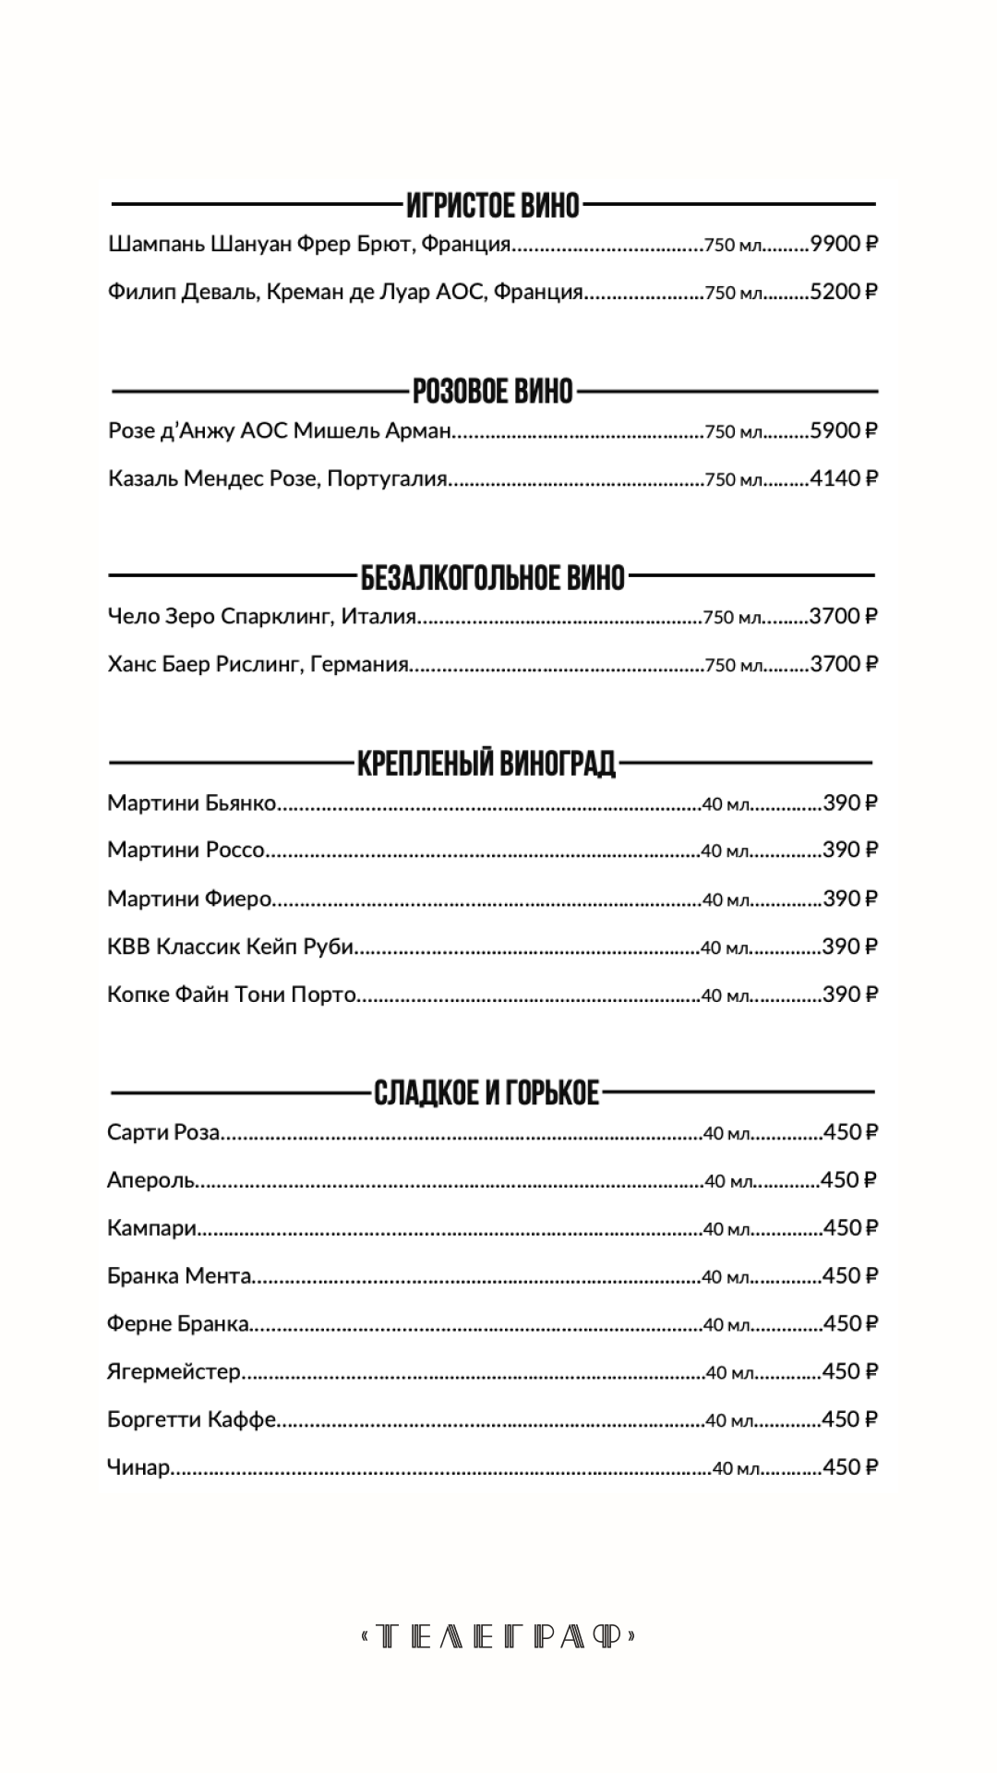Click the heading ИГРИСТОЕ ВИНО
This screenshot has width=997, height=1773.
(x=493, y=204)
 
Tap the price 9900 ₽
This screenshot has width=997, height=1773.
(x=843, y=244)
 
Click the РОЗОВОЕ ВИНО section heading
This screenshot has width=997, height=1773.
(x=493, y=392)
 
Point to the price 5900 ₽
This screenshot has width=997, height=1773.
(x=843, y=430)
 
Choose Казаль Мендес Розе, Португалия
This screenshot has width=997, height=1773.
(x=277, y=478)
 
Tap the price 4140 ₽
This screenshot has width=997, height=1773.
(x=843, y=478)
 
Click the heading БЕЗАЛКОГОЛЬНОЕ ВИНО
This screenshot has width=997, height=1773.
(x=493, y=578)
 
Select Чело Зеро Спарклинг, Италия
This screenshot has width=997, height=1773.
(x=262, y=616)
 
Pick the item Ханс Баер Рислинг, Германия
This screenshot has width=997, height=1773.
(x=258, y=664)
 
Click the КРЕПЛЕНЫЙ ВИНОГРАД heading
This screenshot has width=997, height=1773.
(x=486, y=764)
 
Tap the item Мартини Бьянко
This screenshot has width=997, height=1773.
(x=192, y=802)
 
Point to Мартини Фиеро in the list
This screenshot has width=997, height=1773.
(x=189, y=899)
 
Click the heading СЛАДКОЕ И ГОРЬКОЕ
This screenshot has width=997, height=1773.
(x=486, y=1093)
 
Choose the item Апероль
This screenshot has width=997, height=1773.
(x=150, y=1180)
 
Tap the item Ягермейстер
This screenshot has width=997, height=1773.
(x=174, y=1371)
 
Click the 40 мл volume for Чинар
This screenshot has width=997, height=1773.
(x=736, y=1468)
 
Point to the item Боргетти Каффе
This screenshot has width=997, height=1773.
(x=191, y=1419)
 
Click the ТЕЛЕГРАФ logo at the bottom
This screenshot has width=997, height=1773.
(x=498, y=1637)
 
